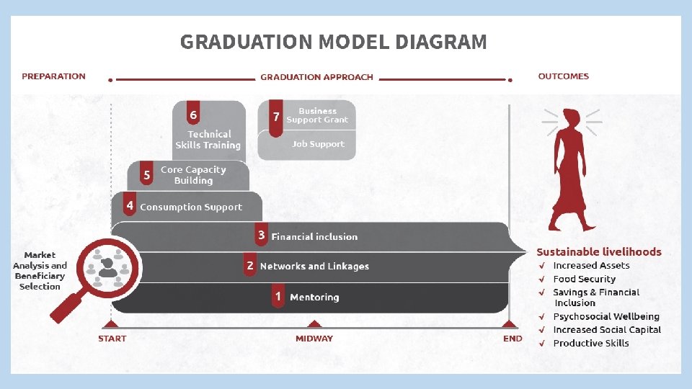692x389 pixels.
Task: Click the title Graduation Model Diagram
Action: pos(333,42)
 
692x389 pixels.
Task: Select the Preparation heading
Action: pos(53,76)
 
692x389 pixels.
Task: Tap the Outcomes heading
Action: pos(563,76)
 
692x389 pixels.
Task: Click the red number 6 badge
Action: pos(193,115)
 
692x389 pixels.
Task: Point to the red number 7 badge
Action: pos(275,117)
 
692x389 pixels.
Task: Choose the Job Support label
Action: pos(318,144)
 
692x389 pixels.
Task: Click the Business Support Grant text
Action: pos(317,115)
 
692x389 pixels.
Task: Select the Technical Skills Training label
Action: pos(208,140)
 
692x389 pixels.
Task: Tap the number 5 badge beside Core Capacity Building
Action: pos(147,175)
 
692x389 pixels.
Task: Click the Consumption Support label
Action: pos(191,207)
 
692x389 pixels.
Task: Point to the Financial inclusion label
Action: pos(314,236)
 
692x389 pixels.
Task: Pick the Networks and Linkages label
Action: pos(314,266)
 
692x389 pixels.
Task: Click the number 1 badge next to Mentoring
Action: pos(278,296)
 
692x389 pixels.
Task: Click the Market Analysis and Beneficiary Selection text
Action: pos(40,271)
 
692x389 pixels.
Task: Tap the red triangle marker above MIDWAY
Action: pos(314,324)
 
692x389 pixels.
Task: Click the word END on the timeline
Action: pos(513,338)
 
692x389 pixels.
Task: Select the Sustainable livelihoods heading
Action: pos(598,251)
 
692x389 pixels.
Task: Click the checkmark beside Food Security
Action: pos(541,279)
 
